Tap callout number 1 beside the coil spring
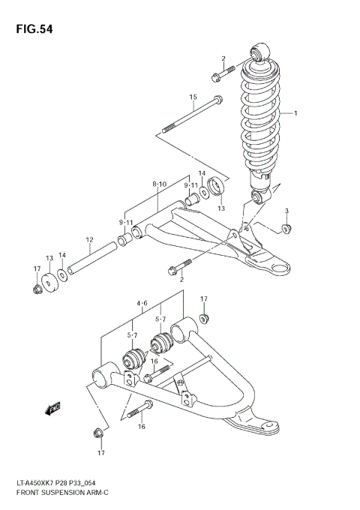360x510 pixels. click(295, 114)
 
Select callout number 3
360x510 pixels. click(286, 211)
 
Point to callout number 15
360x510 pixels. click(193, 97)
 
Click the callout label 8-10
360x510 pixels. click(159, 184)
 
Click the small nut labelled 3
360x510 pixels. click(286, 228)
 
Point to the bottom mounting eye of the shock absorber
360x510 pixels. click(257, 197)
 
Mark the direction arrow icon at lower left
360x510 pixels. click(53, 409)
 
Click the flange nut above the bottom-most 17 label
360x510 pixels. click(97, 433)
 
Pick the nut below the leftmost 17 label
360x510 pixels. click(36, 289)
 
